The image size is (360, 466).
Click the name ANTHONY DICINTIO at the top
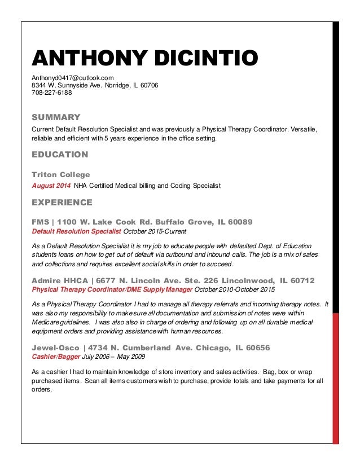pyautogui.click(x=144, y=58)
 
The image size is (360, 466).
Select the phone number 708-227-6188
pyautogui.click(x=51, y=93)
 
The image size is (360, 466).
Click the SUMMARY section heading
pyautogui.click(x=56, y=117)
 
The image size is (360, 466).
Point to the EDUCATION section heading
pyautogui.click(x=59, y=155)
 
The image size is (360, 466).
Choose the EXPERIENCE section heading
pyautogui.click(x=62, y=202)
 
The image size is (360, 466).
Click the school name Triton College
pyautogui.click(x=60, y=175)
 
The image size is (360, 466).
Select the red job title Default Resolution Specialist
pyautogui.click(x=76, y=231)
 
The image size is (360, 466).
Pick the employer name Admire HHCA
pyautogui.click(x=60, y=280)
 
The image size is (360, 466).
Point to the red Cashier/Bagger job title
pyautogui.click(x=55, y=357)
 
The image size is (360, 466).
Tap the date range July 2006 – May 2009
pyautogui.click(x=115, y=357)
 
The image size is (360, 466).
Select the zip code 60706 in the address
pyautogui.click(x=150, y=85)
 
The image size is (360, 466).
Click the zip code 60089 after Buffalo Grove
pyautogui.click(x=236, y=222)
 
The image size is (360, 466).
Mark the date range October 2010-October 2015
pyautogui.click(x=235, y=290)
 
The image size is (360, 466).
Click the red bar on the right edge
pyautogui.click(x=336, y=378)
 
